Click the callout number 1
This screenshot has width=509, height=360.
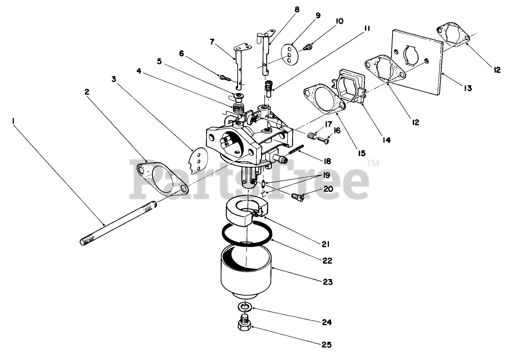14,121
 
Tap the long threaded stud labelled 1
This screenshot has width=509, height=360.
120,223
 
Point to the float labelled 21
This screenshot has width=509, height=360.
246,210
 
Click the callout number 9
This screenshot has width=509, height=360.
318,16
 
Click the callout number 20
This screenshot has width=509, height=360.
327,189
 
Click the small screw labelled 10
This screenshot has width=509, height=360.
309,47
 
